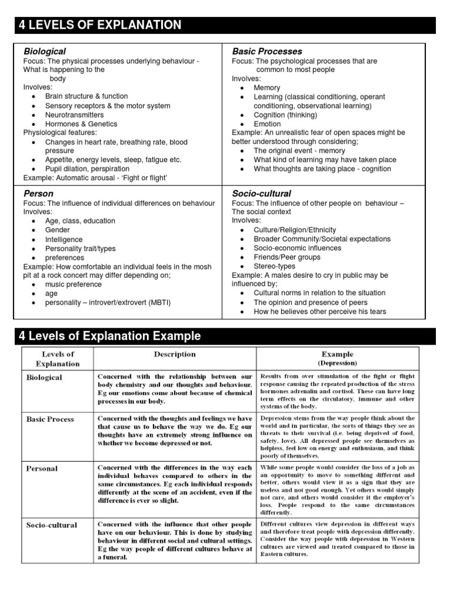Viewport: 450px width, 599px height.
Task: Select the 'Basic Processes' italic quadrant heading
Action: pyautogui.click(x=267, y=51)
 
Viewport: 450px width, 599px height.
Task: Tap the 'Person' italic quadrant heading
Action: pyautogui.click(x=38, y=193)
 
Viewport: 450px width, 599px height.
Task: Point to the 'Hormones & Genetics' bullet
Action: pyautogui.click(x=81, y=124)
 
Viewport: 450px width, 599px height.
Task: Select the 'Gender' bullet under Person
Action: pyautogui.click(x=57, y=230)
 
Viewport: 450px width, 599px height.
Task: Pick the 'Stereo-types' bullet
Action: pyautogui.click(x=274, y=266)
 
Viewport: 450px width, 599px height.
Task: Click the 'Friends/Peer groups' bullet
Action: pyautogui.click(x=287, y=257)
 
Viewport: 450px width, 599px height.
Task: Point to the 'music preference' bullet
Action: pyautogui.click(x=73, y=284)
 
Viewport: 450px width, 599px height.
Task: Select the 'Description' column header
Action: pyautogui.click(x=175, y=354)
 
